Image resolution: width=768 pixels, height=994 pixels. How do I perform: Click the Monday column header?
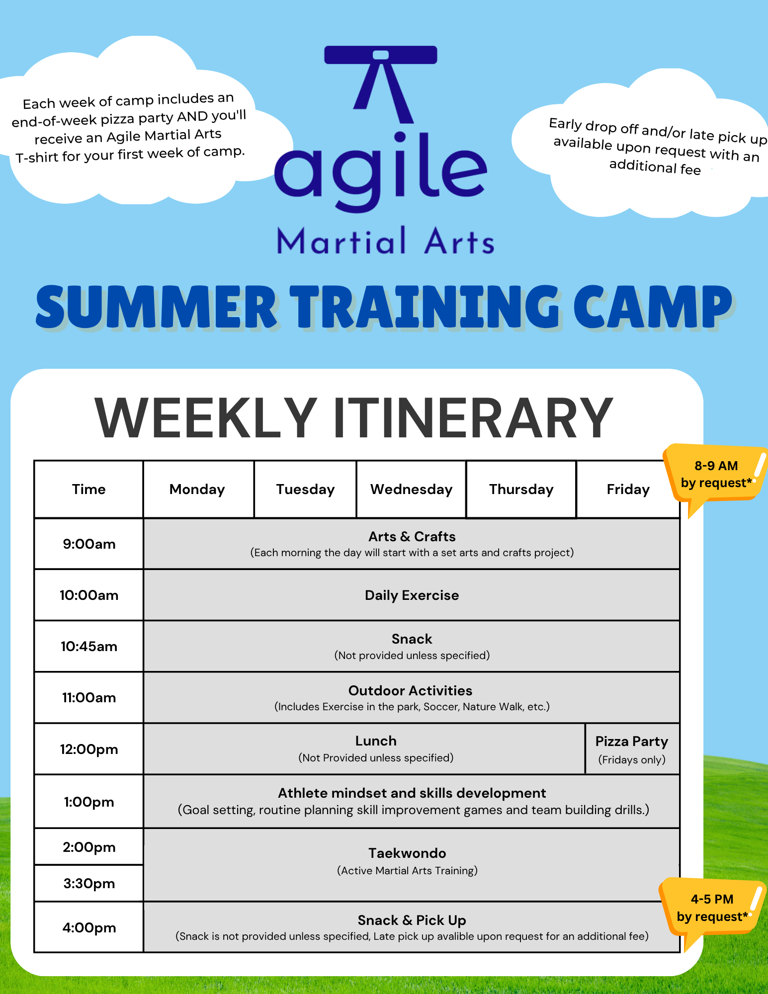198,490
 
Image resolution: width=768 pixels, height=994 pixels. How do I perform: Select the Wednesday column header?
411,490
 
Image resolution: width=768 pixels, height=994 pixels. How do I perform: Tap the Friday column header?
628,490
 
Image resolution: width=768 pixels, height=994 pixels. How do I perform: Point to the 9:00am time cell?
89,544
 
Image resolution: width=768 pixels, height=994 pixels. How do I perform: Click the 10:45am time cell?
89,646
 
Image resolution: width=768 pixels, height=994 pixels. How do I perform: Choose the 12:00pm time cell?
89,749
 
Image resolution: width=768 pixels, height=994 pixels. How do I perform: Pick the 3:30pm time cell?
89,883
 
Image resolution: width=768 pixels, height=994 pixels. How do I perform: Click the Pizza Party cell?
632,749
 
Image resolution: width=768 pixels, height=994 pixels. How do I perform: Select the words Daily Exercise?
412,595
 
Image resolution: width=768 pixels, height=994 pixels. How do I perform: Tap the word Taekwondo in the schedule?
407,853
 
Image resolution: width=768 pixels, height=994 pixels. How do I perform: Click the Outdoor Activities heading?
410,690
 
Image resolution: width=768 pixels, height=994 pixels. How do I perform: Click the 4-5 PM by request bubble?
712,908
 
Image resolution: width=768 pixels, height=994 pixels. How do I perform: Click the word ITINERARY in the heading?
473,417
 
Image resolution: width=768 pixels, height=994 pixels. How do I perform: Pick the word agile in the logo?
380,171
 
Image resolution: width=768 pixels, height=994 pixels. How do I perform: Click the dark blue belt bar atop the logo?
381,55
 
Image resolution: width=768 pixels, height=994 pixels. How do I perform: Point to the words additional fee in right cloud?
655,166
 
